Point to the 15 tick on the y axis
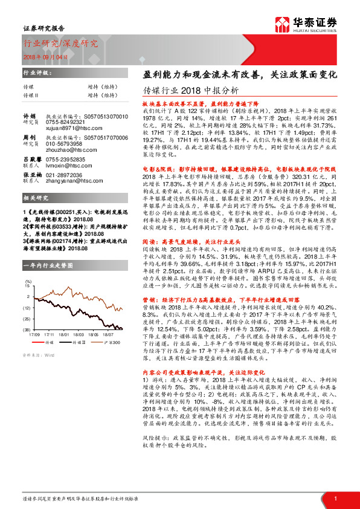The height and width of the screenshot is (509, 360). click(x=28, y=287)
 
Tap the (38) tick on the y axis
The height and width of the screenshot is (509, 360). click(x=28, y=329)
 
